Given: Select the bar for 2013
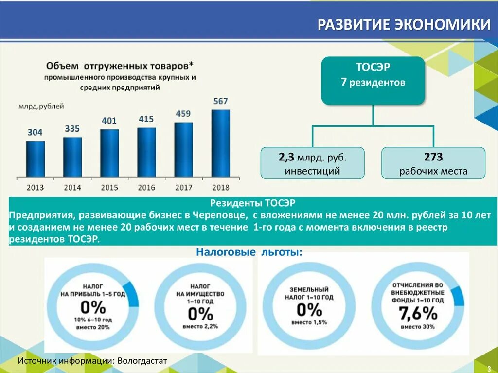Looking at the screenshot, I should pos(36,159).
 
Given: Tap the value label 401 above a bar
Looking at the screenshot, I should pos(109,121).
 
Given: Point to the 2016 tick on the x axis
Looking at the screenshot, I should pos(146,187).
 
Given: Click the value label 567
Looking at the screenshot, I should pos(220,101).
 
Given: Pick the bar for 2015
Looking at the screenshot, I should pos(109,153).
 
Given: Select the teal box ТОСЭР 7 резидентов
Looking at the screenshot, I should pos(373,80).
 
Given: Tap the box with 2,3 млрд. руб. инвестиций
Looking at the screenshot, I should pos(312,163).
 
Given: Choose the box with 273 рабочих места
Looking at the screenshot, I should pos(433,163).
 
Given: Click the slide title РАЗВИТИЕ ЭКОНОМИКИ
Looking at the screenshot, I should pos(404,25).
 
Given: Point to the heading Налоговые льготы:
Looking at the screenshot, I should pos(249,252).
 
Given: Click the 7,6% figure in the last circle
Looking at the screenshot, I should pos(418,314).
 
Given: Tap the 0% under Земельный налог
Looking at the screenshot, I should pos(309,310).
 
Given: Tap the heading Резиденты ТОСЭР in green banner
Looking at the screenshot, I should pos(252,202).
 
